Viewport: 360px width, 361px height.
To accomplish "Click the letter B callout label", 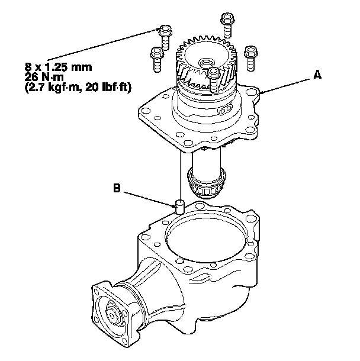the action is (118, 190).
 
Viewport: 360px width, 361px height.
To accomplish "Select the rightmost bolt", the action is (250, 54).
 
